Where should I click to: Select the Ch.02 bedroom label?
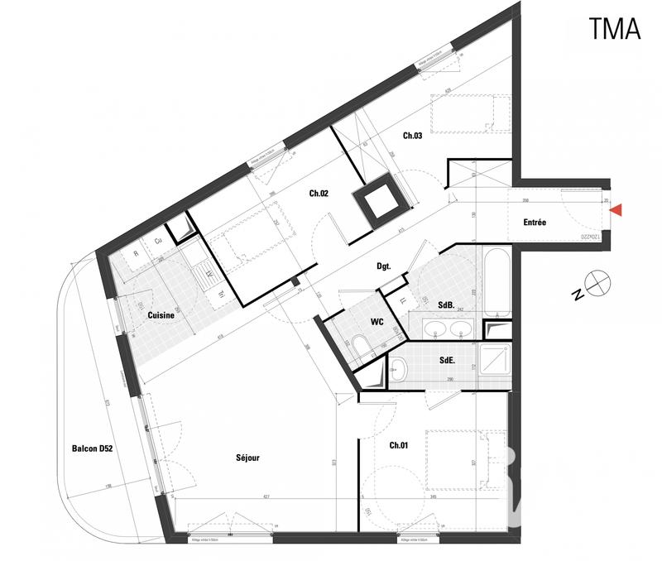(319, 194)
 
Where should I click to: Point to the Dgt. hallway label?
(383, 266)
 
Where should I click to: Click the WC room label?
(377, 321)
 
